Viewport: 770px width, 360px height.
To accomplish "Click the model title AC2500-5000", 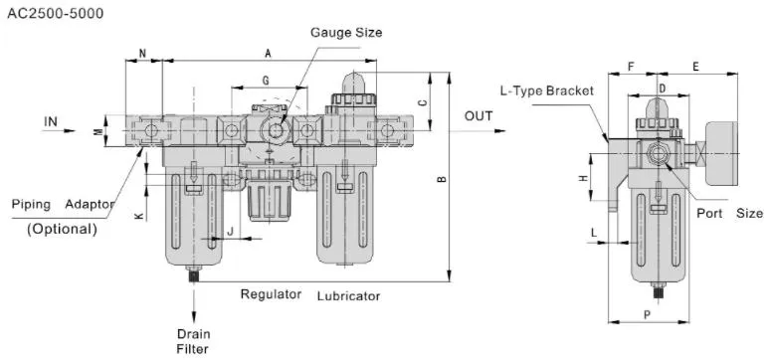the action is (x=56, y=14).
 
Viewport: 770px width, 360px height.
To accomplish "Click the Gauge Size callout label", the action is (x=346, y=33).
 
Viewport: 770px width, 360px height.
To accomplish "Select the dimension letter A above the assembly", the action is (x=269, y=54).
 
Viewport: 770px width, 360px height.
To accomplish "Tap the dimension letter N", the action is (x=143, y=54).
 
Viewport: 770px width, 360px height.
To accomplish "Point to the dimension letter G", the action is (x=266, y=81).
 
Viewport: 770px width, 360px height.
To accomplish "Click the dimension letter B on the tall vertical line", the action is (x=442, y=179).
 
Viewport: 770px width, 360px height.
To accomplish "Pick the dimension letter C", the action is (x=423, y=103).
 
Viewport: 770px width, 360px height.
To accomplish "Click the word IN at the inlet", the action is (x=51, y=121).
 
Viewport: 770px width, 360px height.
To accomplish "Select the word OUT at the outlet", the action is (x=479, y=116).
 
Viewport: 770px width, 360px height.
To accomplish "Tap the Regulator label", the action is (x=271, y=294).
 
